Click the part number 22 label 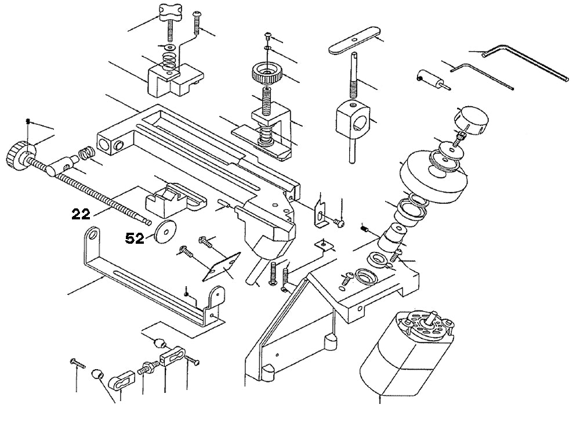[x=81, y=215]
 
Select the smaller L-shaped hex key [x=481, y=76]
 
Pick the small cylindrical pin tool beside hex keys [x=429, y=79]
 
